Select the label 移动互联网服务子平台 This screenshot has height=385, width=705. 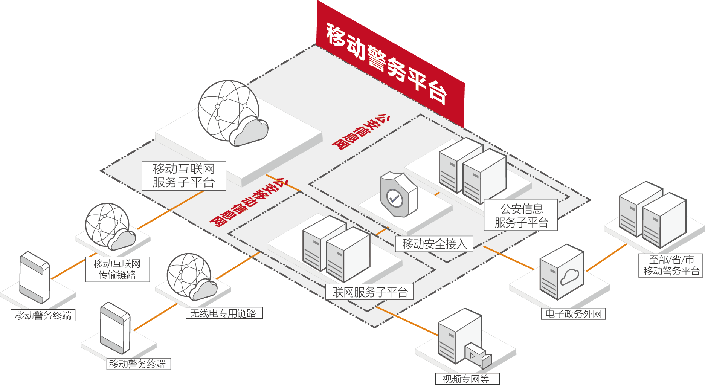184,176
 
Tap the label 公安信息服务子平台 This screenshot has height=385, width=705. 521,215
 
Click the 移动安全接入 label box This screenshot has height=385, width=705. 434,244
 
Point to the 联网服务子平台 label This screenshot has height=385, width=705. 370,292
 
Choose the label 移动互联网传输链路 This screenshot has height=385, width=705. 117,269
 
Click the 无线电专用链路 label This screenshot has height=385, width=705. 224,313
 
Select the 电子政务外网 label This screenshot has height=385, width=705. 573,314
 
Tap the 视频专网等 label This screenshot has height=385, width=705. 467,379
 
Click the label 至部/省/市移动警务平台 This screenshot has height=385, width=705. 671,265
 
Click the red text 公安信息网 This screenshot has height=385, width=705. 360,132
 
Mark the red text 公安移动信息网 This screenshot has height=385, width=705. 248,202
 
